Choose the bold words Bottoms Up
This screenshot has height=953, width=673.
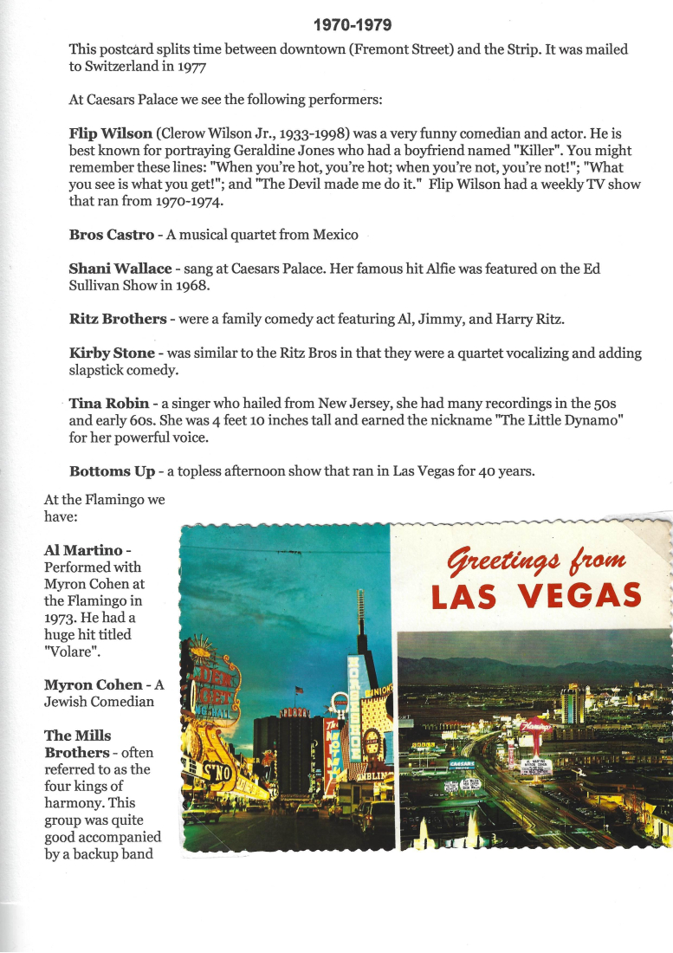click(113, 471)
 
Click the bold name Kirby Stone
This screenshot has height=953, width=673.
click(112, 353)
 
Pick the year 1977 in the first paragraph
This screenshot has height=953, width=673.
click(176, 66)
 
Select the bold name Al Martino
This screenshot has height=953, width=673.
click(83, 551)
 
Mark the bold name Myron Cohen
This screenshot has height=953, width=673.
click(94, 684)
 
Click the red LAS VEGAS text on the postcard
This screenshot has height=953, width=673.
click(536, 596)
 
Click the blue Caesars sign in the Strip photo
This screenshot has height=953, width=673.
click(461, 765)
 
